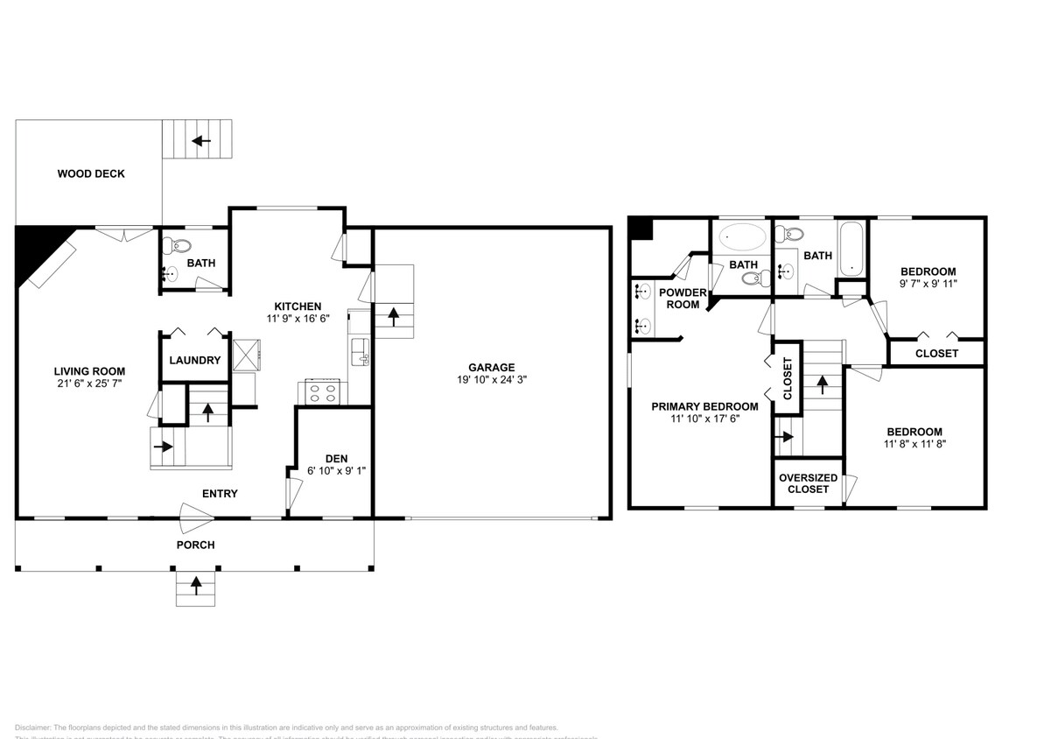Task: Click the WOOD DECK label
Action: pos(91,173)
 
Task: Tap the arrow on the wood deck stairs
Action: pos(202,140)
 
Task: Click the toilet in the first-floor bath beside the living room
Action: pos(179,245)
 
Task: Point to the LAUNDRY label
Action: pos(194,360)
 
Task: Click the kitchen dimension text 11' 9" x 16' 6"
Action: pos(298,320)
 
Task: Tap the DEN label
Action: pos(336,458)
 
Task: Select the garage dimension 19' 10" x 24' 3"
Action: pos(491,380)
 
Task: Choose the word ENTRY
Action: pos(220,494)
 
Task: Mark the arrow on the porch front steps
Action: pos(195,584)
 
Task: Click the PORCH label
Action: pos(195,545)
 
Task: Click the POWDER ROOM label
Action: pos(683,299)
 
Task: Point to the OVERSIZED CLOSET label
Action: pos(808,483)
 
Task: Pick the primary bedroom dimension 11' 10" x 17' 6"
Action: pos(704,419)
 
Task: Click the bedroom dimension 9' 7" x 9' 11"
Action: pos(928,285)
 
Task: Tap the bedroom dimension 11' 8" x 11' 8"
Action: pos(914,444)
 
